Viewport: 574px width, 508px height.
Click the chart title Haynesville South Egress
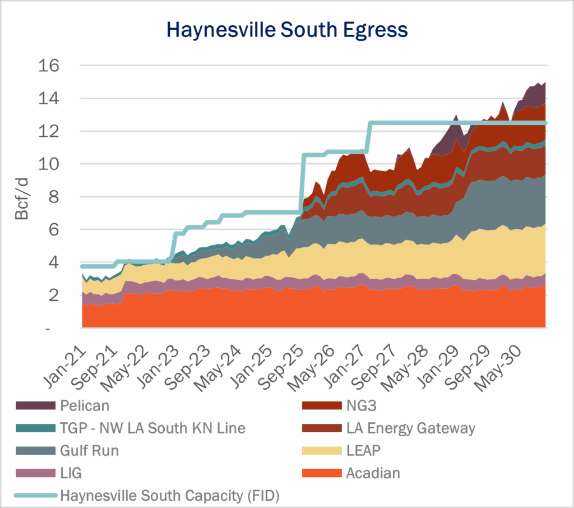click(287, 29)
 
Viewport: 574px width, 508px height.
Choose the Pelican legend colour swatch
click(35, 405)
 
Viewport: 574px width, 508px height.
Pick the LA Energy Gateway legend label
click(410, 428)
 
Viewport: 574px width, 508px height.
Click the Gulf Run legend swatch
click(35, 451)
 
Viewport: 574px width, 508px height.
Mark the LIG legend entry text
click(71, 473)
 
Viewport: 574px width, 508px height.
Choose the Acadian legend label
click(373, 473)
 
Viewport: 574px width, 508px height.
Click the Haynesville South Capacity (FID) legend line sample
click(35, 495)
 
